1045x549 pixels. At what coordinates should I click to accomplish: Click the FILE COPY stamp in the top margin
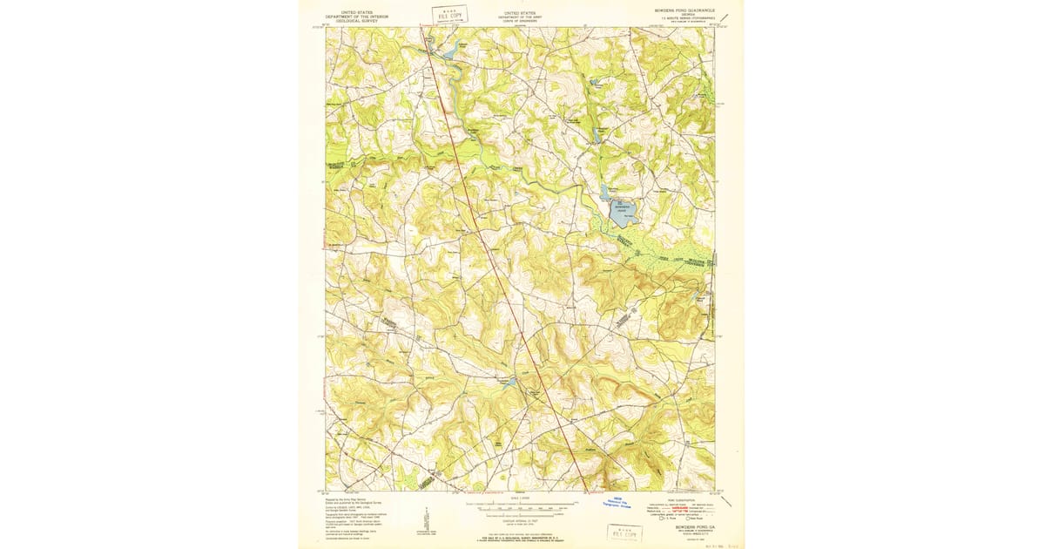click(x=450, y=14)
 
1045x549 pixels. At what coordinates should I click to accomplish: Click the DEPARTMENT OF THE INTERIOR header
click(x=355, y=16)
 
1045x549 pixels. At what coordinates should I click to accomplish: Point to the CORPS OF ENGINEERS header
click(x=522, y=20)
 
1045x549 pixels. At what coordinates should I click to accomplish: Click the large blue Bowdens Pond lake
click(x=623, y=209)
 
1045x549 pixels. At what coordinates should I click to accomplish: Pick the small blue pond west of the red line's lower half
click(x=511, y=382)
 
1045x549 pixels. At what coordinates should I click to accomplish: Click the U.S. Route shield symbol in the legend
click(x=663, y=518)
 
